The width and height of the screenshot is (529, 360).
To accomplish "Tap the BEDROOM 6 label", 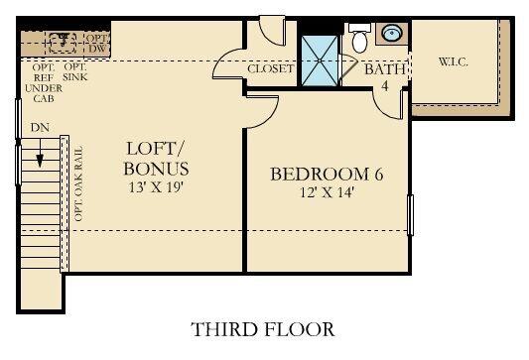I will click(x=327, y=175).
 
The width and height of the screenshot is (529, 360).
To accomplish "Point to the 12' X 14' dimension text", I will click(x=327, y=194).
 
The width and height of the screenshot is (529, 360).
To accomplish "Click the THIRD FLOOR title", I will click(x=263, y=328).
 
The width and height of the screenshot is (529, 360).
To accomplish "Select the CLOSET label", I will click(x=270, y=69).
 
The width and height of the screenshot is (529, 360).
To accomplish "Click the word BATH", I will click(x=381, y=70).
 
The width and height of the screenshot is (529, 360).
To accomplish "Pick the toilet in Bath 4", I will click(x=358, y=41).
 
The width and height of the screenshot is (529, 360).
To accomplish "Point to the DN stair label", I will click(x=40, y=128).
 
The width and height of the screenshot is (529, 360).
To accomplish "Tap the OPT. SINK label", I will click(x=74, y=71).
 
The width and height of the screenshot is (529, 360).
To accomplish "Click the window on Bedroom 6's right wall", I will click(x=410, y=214).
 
